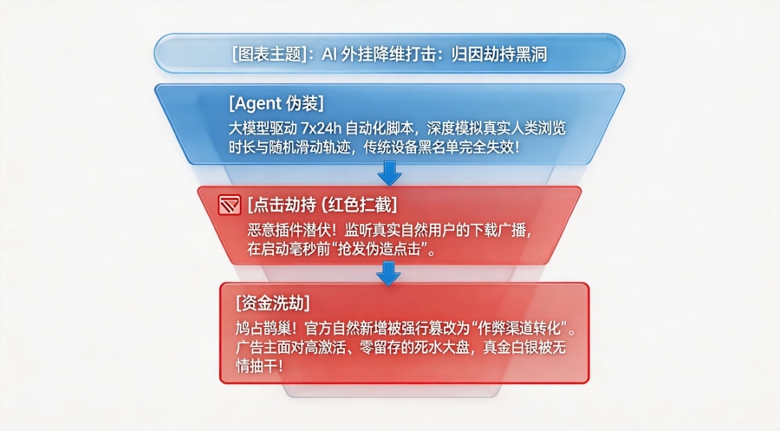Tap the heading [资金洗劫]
274,304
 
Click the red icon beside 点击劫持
229,206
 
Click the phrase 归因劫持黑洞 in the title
499,54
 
